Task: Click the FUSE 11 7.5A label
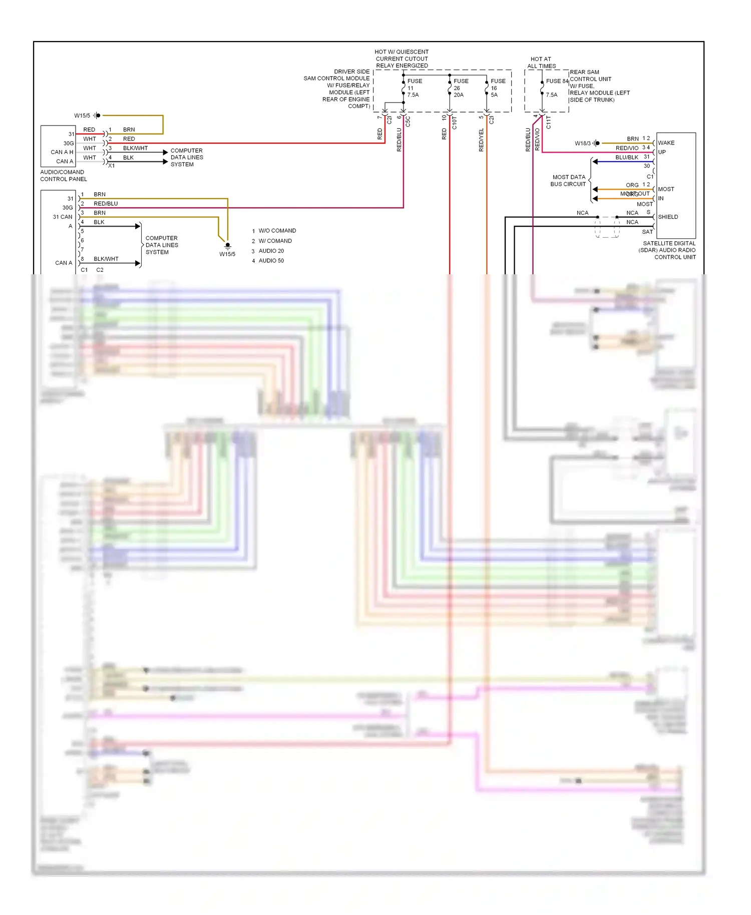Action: tap(414, 88)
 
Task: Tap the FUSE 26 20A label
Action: tap(461, 88)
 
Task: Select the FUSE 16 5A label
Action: tap(498, 88)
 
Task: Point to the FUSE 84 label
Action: tap(557, 81)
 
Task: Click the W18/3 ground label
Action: tap(582, 143)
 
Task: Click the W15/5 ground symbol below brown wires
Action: tap(227, 246)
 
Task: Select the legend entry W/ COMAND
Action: tap(275, 241)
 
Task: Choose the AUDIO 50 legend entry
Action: tap(271, 261)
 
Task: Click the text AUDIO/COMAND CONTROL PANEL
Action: tap(63, 176)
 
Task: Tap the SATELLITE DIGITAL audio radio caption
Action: tap(668, 250)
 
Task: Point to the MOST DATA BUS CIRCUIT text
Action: tap(568, 181)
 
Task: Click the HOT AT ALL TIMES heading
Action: tap(541, 63)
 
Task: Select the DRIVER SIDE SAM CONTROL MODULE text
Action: tap(337, 89)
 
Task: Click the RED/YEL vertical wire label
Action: tap(481, 140)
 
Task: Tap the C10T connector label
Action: tap(455, 123)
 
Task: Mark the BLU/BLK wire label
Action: tap(626, 157)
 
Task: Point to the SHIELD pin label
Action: tap(668, 217)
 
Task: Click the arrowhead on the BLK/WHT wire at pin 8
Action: tap(138, 263)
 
